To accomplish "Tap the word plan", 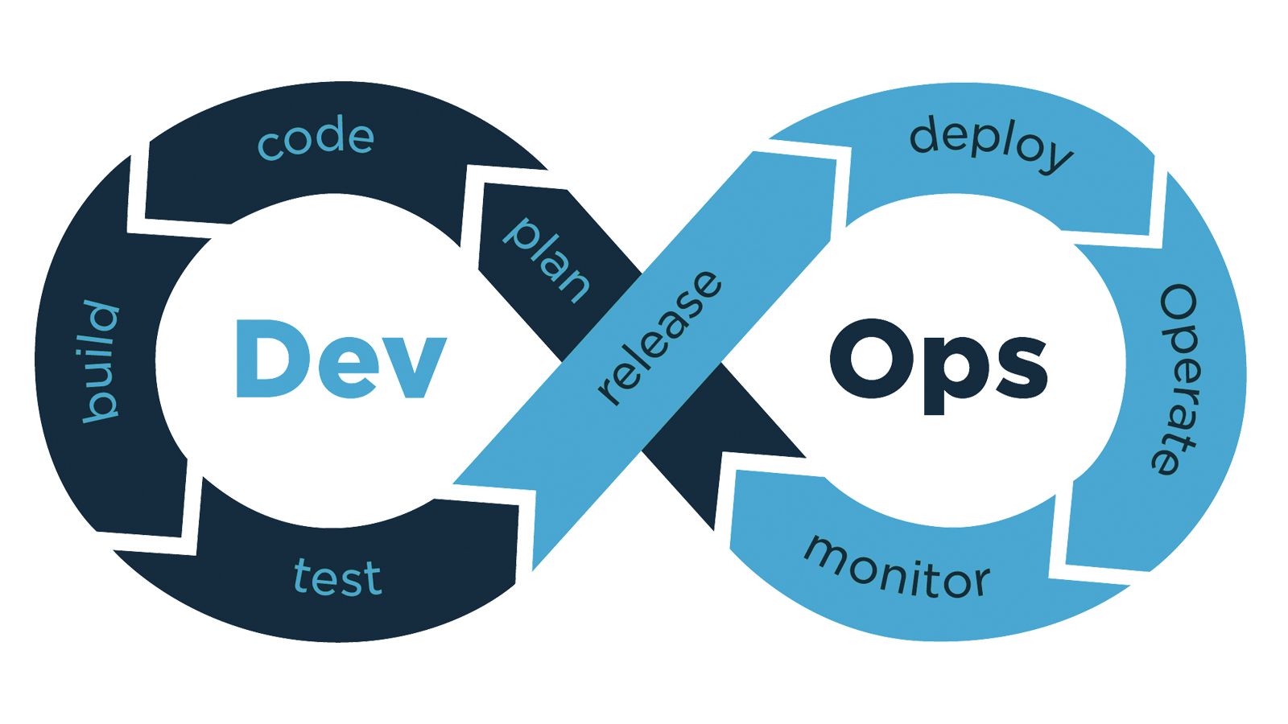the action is (547, 260).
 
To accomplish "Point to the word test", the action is (337, 576).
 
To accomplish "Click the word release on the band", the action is (659, 337).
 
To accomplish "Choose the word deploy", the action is (991, 143).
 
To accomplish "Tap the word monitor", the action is (897, 566).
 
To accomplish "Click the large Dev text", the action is (341, 359).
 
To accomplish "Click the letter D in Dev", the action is (269, 359).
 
